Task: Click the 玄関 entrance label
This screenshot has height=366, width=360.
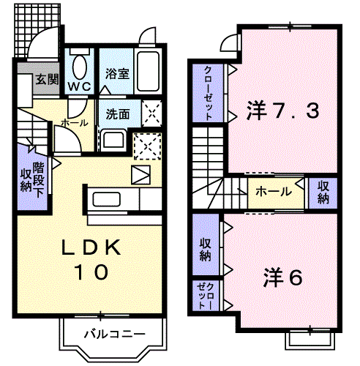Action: [48, 80]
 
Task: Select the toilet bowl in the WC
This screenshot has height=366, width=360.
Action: [79, 67]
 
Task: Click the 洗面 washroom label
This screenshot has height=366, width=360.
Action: [117, 114]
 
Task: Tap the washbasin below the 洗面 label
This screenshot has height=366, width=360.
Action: [113, 138]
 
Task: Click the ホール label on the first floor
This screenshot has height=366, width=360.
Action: [75, 123]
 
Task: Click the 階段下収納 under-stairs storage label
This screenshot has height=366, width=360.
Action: [31, 176]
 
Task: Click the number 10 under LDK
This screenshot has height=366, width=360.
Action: [91, 272]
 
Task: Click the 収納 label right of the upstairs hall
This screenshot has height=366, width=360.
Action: [323, 193]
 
